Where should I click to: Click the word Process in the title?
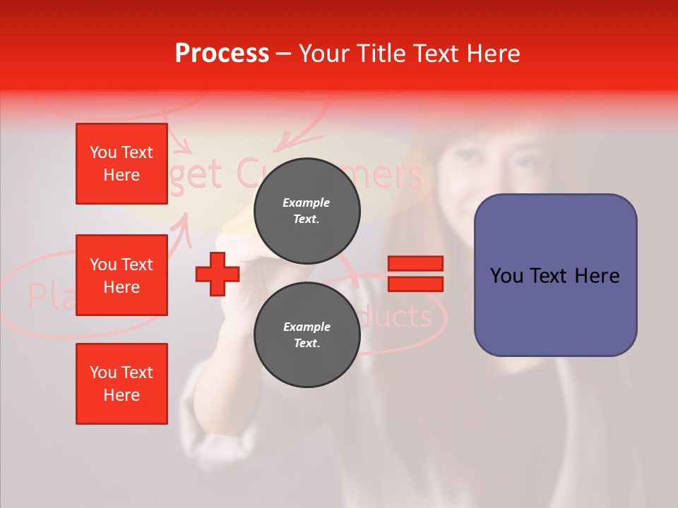click(222, 54)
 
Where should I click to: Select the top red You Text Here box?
click(121, 164)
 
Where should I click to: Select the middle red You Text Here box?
click(121, 275)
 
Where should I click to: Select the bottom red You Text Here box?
click(121, 383)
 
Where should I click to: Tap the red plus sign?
click(218, 274)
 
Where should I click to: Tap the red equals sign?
click(415, 274)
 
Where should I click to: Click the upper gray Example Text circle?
click(307, 211)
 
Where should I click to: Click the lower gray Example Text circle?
click(307, 335)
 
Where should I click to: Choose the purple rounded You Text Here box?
click(555, 275)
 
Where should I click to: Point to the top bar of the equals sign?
click(415, 263)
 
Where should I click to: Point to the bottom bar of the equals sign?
click(415, 284)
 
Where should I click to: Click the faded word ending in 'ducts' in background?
click(395, 317)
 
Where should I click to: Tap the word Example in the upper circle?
click(307, 202)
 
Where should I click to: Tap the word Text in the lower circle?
click(307, 344)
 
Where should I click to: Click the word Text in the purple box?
click(555, 275)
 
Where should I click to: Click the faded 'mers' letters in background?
click(393, 173)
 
